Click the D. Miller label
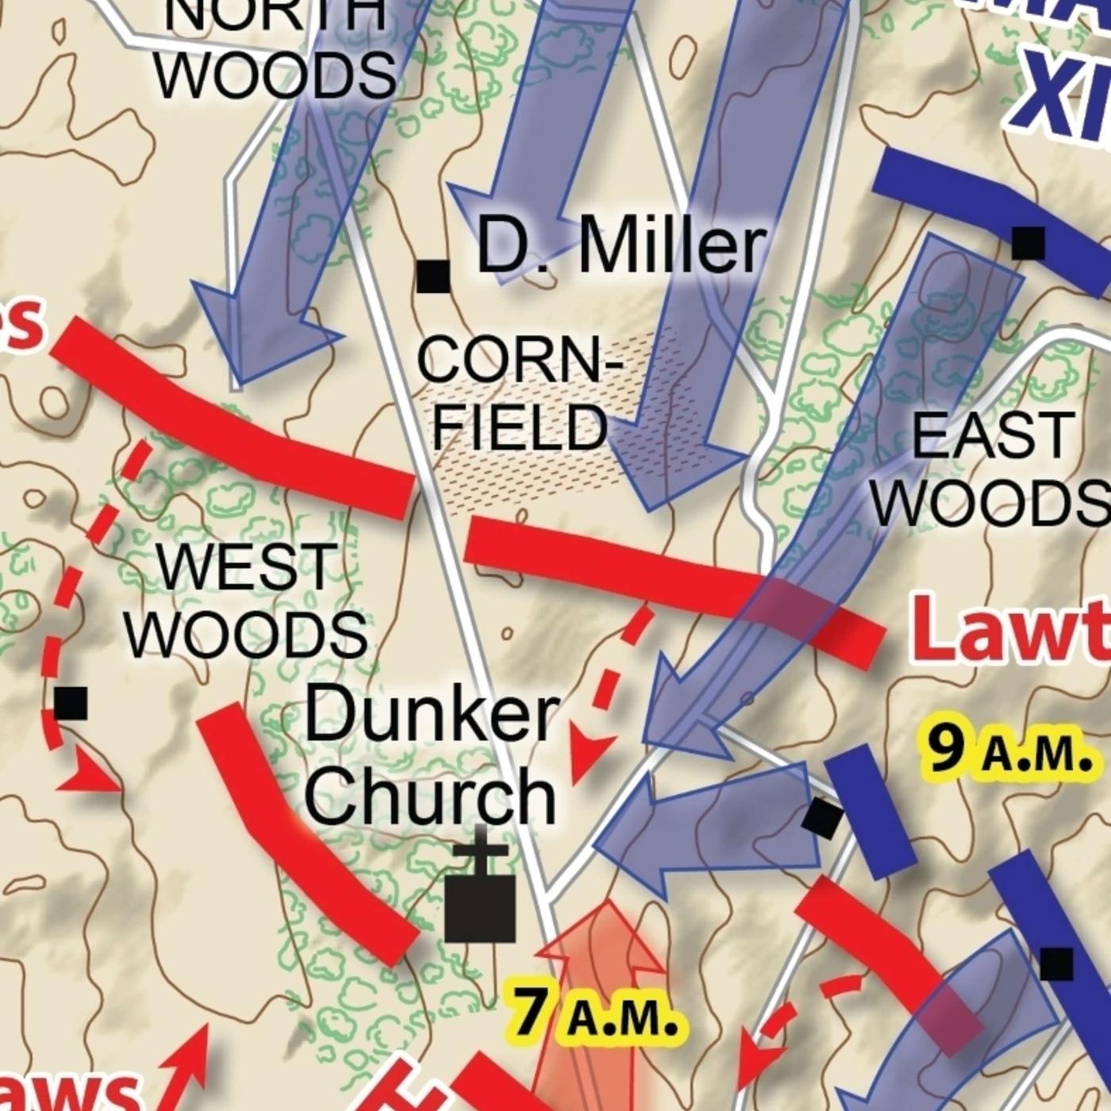(621, 247)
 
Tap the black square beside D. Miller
(433, 276)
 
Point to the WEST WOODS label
(246, 601)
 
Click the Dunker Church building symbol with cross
(479, 897)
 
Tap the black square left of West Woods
(71, 703)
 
